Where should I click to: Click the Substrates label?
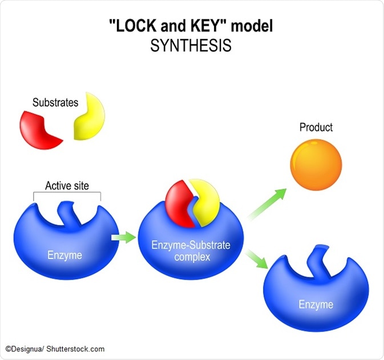click(55, 103)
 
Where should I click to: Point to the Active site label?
click(67, 186)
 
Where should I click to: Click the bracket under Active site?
click(67, 195)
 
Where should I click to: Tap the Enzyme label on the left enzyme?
click(64, 254)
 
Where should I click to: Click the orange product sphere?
click(316, 164)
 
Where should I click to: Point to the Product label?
click(316, 127)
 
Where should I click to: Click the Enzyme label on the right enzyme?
click(316, 305)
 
